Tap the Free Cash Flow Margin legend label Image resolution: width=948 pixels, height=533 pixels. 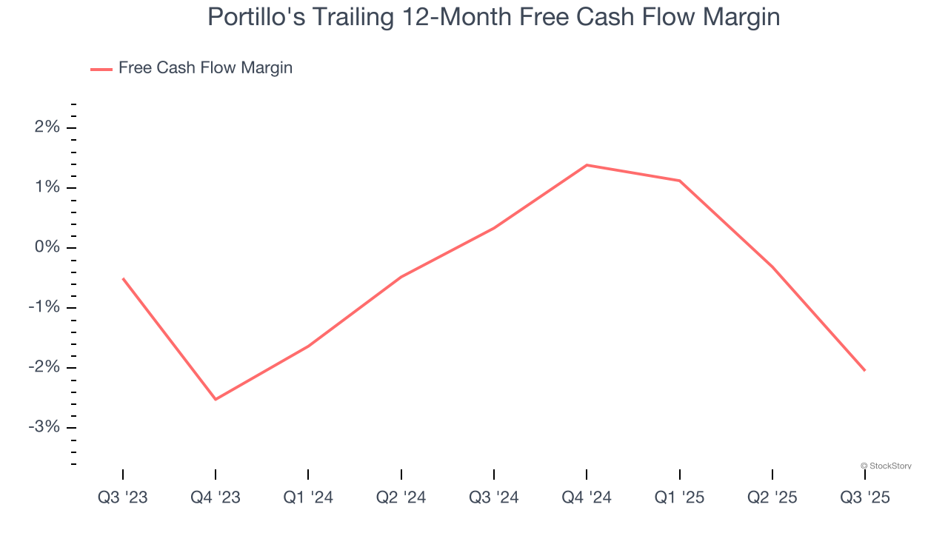[205, 68]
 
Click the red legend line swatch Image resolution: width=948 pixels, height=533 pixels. [101, 69]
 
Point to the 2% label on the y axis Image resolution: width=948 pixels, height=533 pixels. [47, 127]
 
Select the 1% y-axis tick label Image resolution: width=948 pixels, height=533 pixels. [47, 187]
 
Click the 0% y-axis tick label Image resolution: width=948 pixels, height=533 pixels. [47, 247]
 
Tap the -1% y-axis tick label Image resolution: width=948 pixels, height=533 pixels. [44, 307]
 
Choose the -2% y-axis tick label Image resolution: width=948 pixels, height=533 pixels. [44, 367]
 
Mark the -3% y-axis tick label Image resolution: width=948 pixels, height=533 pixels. [44, 427]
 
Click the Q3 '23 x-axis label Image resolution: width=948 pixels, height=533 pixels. [123, 497]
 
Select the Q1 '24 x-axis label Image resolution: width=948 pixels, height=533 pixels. [308, 497]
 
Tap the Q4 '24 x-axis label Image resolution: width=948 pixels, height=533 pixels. [587, 497]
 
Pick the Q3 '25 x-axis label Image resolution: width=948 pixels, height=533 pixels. [865, 497]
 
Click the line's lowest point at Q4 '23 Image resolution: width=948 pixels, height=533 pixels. [216, 400]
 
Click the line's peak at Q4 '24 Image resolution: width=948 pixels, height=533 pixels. [587, 165]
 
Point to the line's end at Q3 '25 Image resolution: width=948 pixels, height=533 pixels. [865, 371]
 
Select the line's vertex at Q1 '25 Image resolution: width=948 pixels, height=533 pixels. [679, 181]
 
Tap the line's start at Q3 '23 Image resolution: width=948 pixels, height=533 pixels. [123, 278]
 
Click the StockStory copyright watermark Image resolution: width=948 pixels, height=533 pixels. [886, 466]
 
